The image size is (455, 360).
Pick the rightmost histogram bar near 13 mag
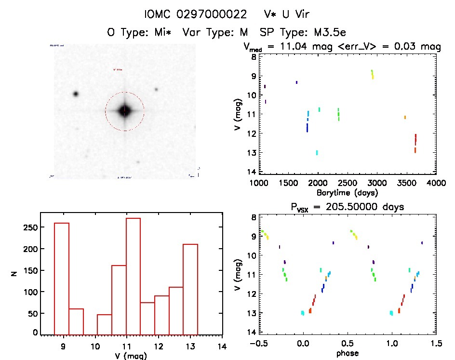[190, 289]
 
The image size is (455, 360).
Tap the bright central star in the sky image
[124, 111]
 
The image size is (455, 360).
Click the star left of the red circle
[76, 93]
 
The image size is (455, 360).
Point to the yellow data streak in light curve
[372, 74]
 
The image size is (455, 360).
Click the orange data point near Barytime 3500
[405, 117]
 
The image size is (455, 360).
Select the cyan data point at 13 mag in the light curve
[317, 153]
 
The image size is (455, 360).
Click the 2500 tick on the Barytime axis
[377, 183]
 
